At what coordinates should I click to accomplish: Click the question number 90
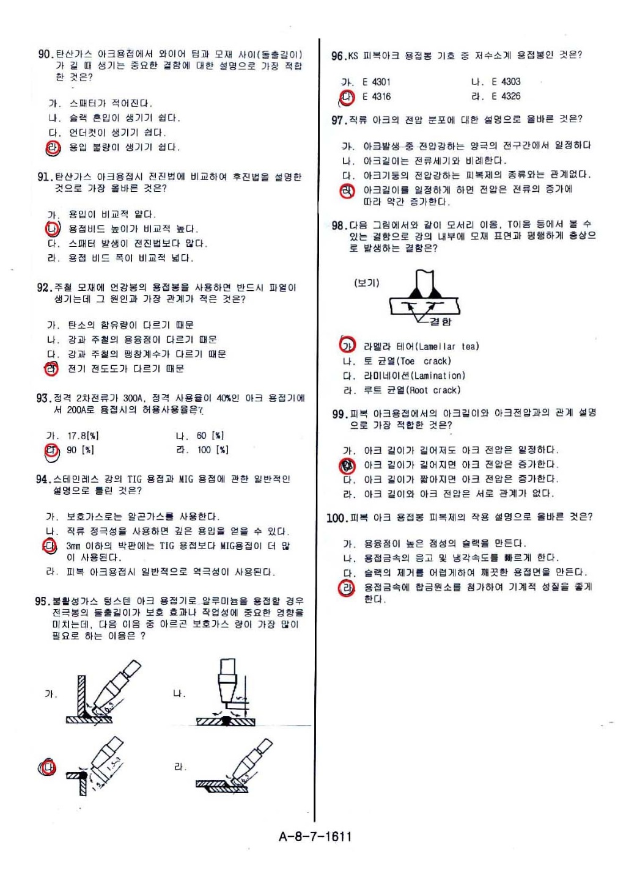[46, 54]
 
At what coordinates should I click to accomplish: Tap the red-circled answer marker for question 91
[53, 229]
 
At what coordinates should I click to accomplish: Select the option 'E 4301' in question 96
[376, 82]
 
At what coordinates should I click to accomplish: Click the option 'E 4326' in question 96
[506, 97]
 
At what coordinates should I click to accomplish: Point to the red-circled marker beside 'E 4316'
[347, 97]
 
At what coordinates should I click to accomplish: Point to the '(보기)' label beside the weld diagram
[366, 283]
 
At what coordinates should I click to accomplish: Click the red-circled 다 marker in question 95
[48, 768]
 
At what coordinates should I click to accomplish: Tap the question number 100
[337, 518]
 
